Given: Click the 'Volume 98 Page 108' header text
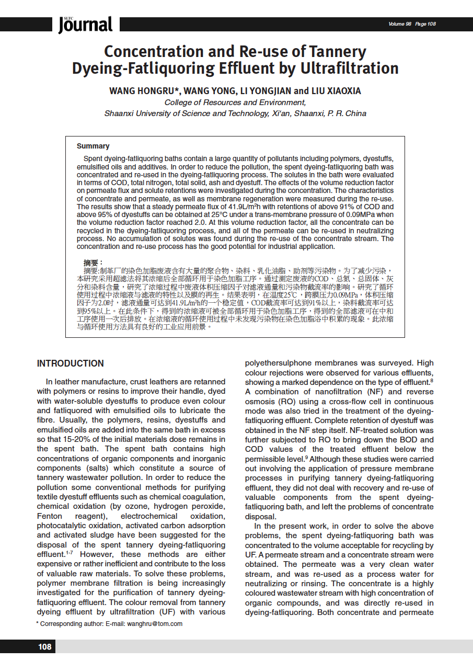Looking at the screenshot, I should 412,24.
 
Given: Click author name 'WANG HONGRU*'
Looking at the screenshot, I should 144,91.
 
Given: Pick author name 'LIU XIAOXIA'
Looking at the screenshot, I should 336,91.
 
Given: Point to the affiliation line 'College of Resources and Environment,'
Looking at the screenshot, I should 235,102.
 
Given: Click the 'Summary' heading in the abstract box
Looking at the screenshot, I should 93,146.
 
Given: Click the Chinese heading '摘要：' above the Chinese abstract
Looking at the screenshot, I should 94,262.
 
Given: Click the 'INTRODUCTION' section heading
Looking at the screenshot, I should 71,363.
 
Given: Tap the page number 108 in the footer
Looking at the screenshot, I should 45,647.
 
